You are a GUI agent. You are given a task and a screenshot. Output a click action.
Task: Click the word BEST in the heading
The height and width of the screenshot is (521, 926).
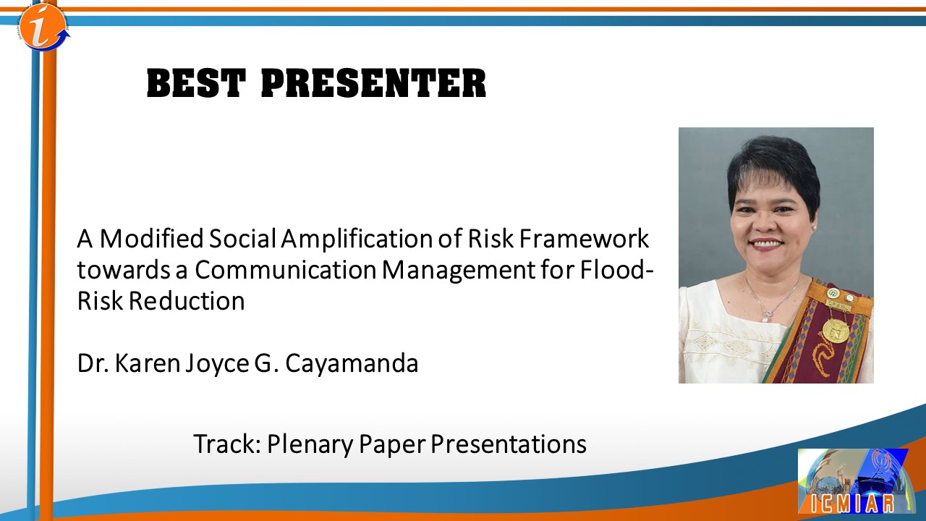tap(197, 84)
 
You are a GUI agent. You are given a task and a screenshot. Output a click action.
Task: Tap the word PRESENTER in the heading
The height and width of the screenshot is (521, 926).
tap(374, 84)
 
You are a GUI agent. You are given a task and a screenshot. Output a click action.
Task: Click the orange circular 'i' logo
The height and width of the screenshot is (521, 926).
tap(44, 26)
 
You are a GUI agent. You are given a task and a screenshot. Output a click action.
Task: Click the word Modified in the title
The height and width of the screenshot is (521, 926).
tap(152, 239)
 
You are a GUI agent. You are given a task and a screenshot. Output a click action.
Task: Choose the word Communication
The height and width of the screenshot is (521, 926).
tap(286, 270)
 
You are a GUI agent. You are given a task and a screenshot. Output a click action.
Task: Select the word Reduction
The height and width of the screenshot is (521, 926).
tap(187, 301)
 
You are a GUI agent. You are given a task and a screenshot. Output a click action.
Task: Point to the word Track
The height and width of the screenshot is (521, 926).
tap(227, 444)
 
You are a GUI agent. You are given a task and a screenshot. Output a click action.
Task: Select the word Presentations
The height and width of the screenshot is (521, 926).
tap(509, 444)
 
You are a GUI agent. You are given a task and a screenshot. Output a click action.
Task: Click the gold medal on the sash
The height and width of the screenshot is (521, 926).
tap(836, 330)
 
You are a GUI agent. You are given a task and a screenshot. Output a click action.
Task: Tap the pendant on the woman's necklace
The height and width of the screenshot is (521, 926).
tap(766, 318)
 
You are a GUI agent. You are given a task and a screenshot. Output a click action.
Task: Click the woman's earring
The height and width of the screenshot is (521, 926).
tap(813, 228)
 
